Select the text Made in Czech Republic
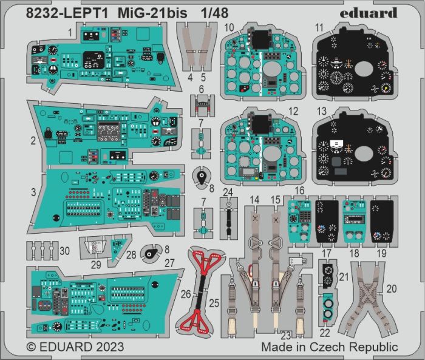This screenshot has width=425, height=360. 330,347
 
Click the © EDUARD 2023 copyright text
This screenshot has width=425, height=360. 76,347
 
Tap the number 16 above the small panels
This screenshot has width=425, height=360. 299,191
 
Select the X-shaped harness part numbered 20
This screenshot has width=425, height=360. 367,291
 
